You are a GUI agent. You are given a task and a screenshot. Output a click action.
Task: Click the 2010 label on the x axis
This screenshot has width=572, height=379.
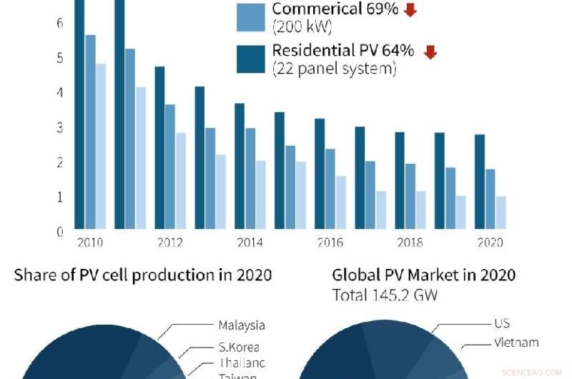click(x=90, y=242)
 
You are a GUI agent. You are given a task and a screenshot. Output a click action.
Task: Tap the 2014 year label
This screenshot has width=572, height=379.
click(x=250, y=242)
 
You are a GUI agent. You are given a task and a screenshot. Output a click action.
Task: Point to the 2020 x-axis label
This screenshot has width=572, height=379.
click(x=489, y=242)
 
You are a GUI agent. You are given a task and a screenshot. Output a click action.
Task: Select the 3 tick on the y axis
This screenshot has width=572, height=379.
click(x=60, y=127)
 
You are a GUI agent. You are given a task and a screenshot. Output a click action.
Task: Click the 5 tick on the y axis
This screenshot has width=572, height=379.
click(x=60, y=58)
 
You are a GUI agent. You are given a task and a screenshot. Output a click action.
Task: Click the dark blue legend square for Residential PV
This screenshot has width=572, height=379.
click(x=251, y=59)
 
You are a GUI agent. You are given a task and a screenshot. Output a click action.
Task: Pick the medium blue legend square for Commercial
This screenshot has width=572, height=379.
click(x=251, y=17)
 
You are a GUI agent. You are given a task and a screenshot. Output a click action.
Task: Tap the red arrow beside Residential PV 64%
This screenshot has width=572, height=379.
click(x=430, y=52)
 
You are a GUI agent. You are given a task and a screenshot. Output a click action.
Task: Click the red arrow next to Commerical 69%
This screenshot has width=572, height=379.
click(x=410, y=10)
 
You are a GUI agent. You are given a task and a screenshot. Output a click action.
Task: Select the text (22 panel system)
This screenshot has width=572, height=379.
click(x=334, y=69)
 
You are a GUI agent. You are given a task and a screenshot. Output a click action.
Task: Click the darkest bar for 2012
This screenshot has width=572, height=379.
click(x=159, y=147)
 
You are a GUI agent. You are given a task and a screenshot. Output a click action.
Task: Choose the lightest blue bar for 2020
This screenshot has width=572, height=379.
click(x=500, y=212)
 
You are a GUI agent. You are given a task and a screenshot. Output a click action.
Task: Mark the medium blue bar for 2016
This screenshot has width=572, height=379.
click(x=330, y=189)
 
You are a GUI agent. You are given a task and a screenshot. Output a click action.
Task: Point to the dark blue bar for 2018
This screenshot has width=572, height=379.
click(x=400, y=180)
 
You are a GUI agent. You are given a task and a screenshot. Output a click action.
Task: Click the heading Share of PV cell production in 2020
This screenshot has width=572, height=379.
click(x=143, y=275)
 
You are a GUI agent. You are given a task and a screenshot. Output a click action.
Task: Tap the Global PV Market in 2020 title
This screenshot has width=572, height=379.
click(x=424, y=275)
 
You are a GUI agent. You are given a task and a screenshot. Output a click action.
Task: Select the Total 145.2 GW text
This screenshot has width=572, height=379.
click(x=385, y=295)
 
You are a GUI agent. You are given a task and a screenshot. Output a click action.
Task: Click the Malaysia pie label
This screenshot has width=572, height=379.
click(x=242, y=325)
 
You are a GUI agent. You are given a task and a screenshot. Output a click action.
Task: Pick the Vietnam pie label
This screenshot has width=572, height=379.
click(x=516, y=343)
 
